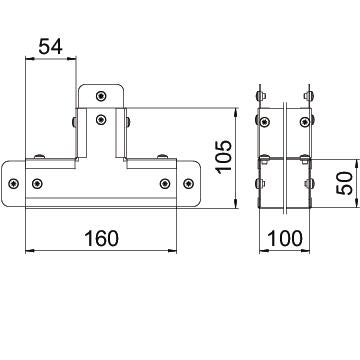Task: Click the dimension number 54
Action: pos(51,47)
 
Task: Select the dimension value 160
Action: pos(101,239)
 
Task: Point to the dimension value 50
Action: pos(344,183)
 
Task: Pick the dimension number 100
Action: pos(285,239)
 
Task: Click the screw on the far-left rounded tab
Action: pos(13,183)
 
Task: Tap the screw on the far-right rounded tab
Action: pos(189,183)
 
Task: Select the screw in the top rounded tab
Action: pos(101,96)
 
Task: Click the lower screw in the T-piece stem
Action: pos(101,119)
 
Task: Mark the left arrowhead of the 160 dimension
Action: pos(30,251)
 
